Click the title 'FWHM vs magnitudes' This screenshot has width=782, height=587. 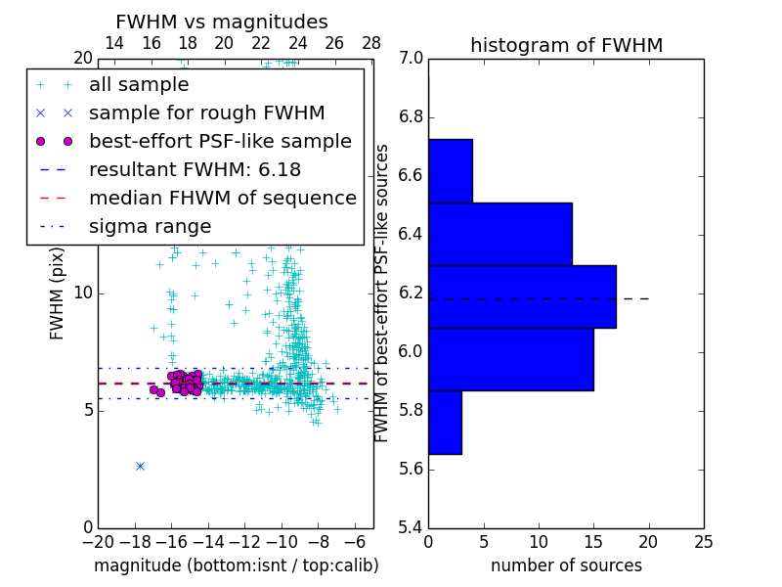[222, 23]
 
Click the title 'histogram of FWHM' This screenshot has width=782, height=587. [566, 45]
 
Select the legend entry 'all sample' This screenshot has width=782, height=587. [139, 85]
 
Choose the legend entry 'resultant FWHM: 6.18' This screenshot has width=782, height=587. [195, 169]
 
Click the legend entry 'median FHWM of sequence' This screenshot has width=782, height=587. [222, 198]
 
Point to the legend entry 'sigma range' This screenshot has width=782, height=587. [150, 227]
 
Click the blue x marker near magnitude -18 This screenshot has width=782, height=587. [140, 466]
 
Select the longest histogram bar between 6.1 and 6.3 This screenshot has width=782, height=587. [522, 296]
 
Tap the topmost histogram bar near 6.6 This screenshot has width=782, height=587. [451, 171]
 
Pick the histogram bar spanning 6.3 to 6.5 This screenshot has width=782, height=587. [500, 234]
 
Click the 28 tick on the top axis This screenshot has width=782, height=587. [371, 44]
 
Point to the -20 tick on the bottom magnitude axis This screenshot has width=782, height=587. [98, 541]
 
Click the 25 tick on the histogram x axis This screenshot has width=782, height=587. [703, 541]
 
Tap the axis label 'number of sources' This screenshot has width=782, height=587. [566, 565]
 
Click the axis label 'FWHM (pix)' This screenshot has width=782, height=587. [58, 293]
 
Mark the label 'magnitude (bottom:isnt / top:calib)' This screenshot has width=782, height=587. [236, 565]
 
